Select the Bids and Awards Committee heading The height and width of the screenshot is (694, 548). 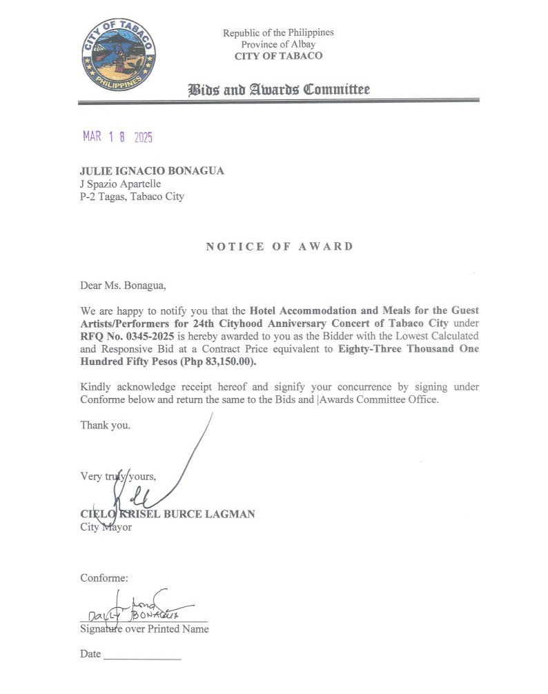(x=279, y=90)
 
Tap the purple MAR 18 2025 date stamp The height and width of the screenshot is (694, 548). (x=117, y=137)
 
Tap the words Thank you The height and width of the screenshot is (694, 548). (x=105, y=425)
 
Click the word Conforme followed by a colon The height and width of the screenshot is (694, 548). (x=104, y=577)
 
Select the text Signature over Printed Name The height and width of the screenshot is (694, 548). (x=144, y=628)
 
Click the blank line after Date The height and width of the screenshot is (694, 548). (x=141, y=655)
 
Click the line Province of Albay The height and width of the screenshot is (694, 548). (x=278, y=45)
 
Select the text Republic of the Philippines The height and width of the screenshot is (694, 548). (x=278, y=33)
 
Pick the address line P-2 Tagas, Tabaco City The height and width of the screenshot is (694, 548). (x=132, y=197)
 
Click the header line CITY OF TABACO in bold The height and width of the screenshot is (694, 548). (x=278, y=57)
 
